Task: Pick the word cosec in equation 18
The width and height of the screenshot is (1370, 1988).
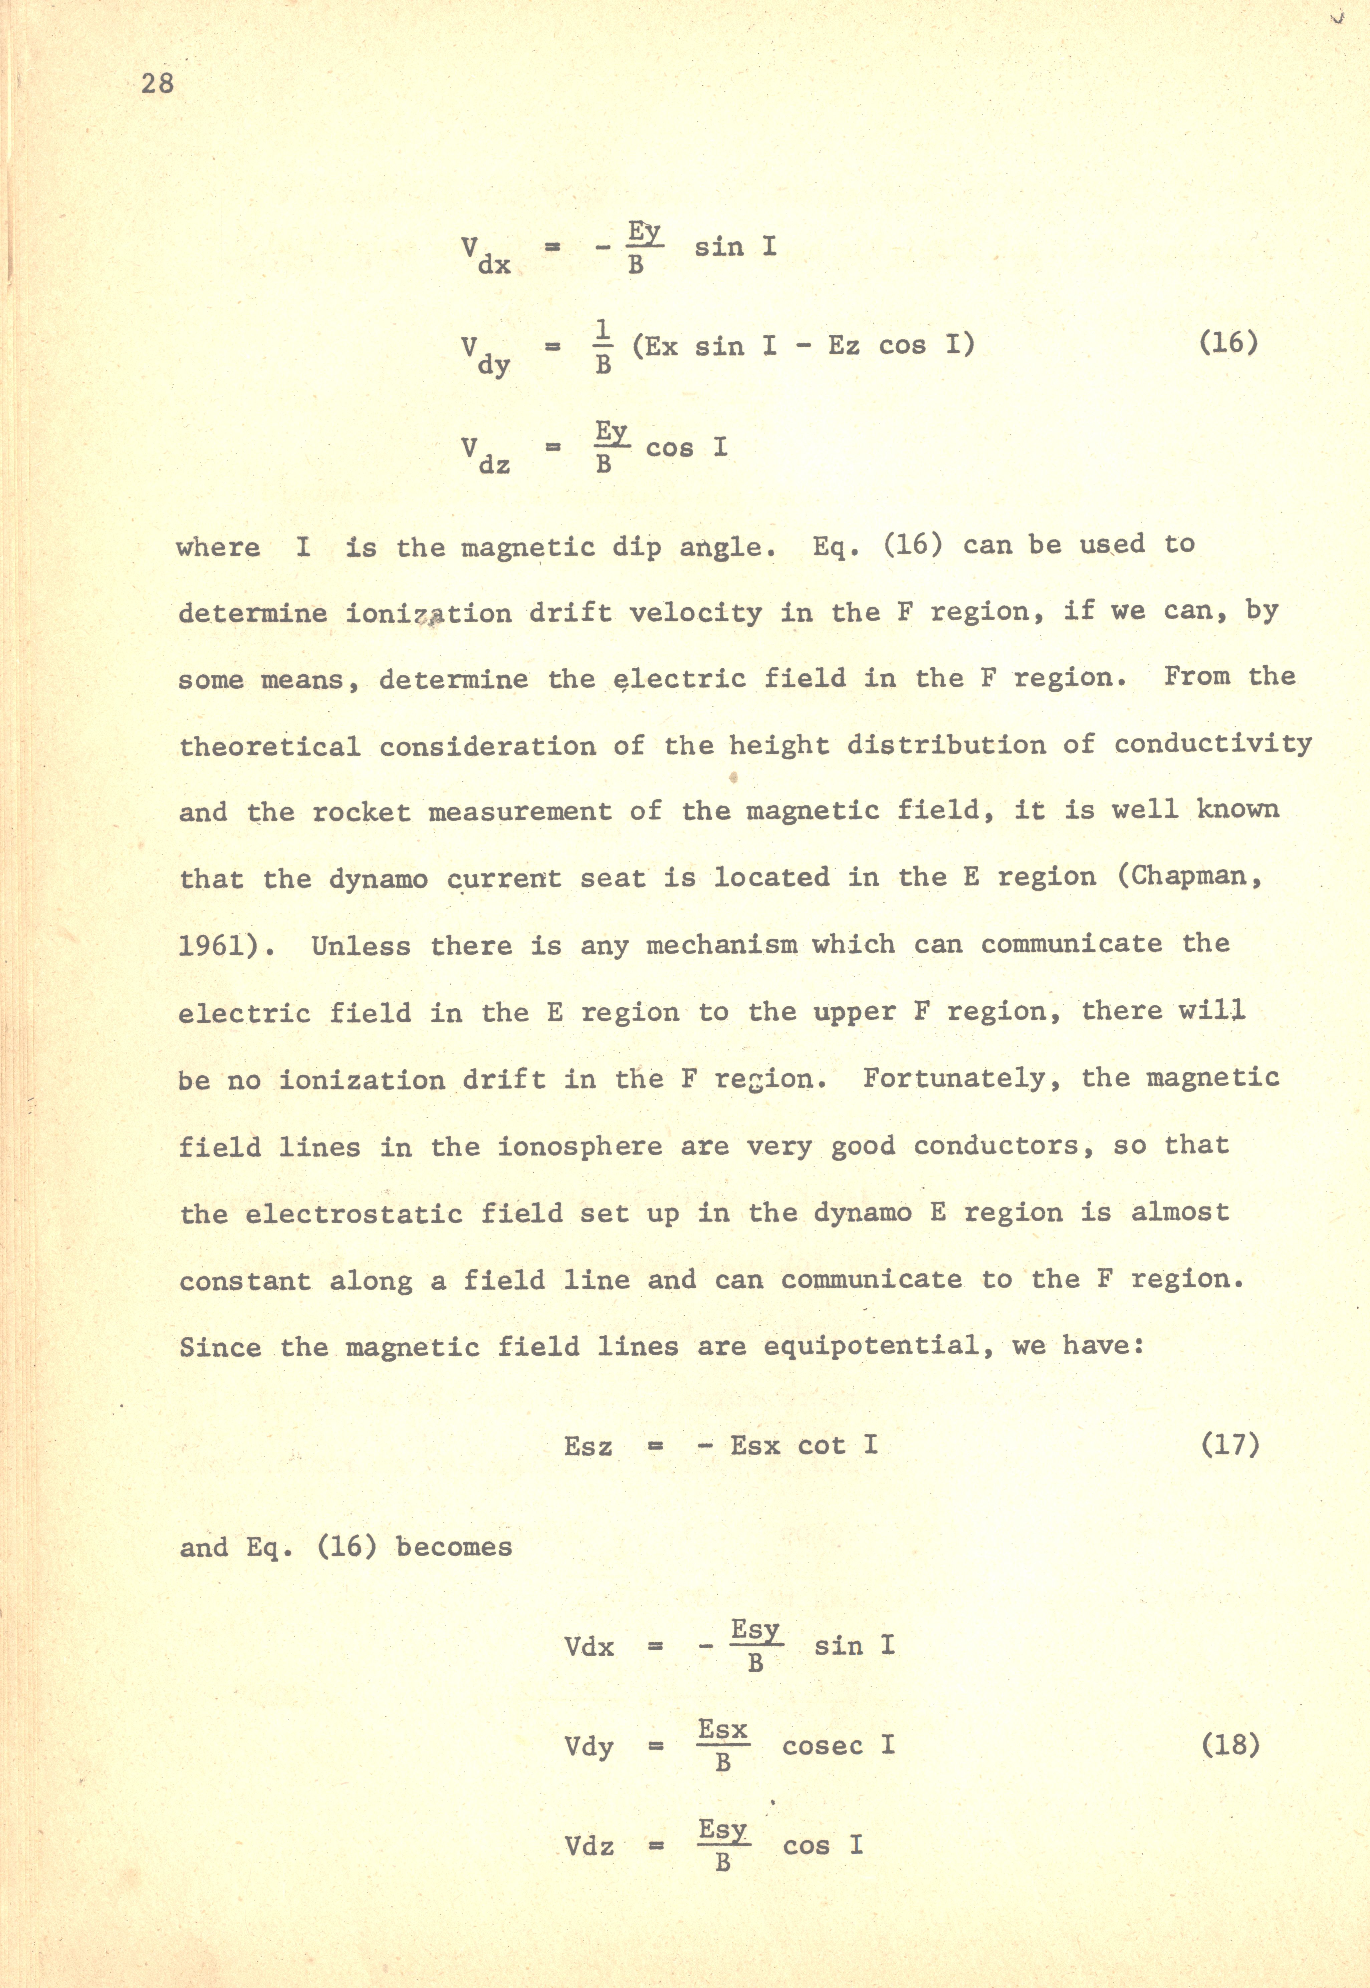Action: tap(822, 1745)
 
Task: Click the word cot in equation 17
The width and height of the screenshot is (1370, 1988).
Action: tap(822, 1446)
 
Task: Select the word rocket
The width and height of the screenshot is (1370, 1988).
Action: tap(362, 812)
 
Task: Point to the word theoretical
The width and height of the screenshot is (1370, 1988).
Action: tap(269, 746)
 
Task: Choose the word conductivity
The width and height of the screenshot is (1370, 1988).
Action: tap(1213, 744)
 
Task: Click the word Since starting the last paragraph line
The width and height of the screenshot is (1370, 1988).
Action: tap(219, 1347)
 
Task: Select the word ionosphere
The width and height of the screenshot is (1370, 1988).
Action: tap(580, 1146)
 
